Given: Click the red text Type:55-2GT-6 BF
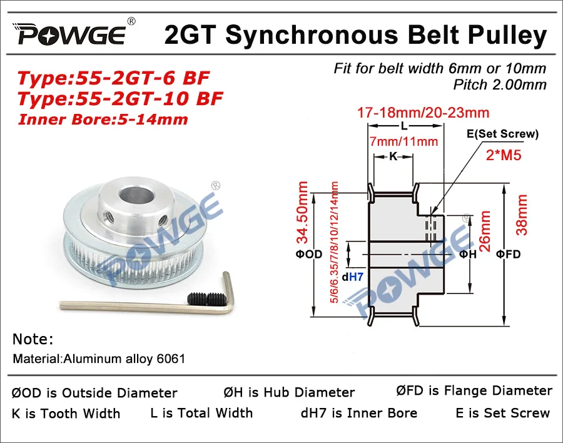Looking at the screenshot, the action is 113,79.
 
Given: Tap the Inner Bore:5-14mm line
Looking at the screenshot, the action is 103,118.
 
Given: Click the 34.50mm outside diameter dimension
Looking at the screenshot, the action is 303,213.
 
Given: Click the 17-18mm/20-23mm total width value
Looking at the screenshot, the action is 422,113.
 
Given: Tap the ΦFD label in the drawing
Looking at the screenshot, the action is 508,254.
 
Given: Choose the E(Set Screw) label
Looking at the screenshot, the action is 502,134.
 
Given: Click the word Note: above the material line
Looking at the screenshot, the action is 33,340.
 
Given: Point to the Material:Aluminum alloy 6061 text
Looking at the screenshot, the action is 99,359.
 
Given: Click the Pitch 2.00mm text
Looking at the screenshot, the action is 500,83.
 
